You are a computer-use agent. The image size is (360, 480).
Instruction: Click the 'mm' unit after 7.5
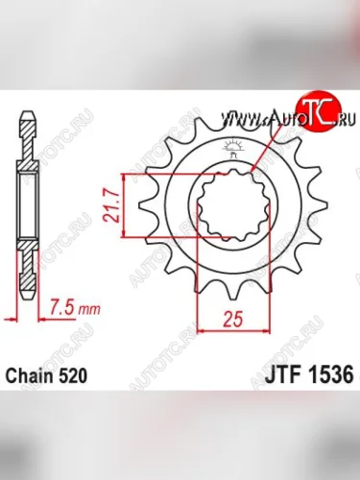[x=87, y=309]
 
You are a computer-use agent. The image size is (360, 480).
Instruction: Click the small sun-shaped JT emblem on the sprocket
[x=234, y=147]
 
